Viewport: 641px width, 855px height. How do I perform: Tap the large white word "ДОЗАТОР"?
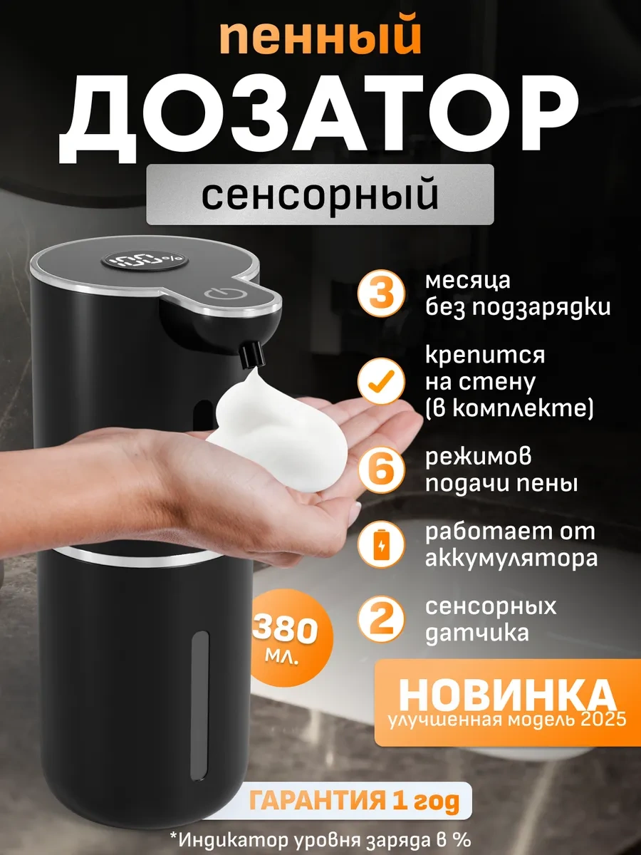coord(320,118)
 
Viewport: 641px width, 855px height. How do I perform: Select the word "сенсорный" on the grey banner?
coord(320,195)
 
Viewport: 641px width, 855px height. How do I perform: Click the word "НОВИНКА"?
coord(506,693)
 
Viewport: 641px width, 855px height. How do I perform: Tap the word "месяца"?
coord(467,281)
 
